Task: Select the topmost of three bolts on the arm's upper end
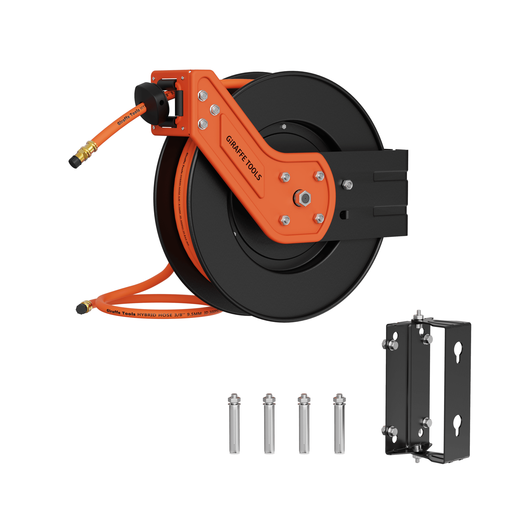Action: [203, 95]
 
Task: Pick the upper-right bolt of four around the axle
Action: [319, 176]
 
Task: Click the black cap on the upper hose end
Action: [74, 161]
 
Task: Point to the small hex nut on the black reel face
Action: [284, 126]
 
